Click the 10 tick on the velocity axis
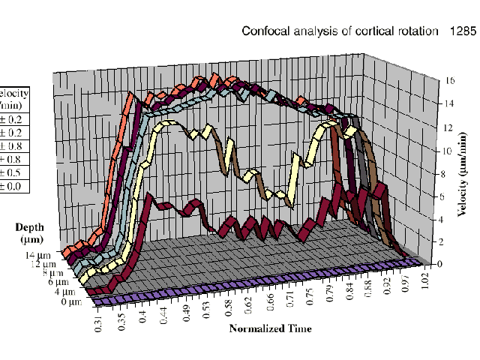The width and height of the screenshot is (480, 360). [448, 151]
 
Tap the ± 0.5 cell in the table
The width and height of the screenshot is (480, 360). [16, 172]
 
